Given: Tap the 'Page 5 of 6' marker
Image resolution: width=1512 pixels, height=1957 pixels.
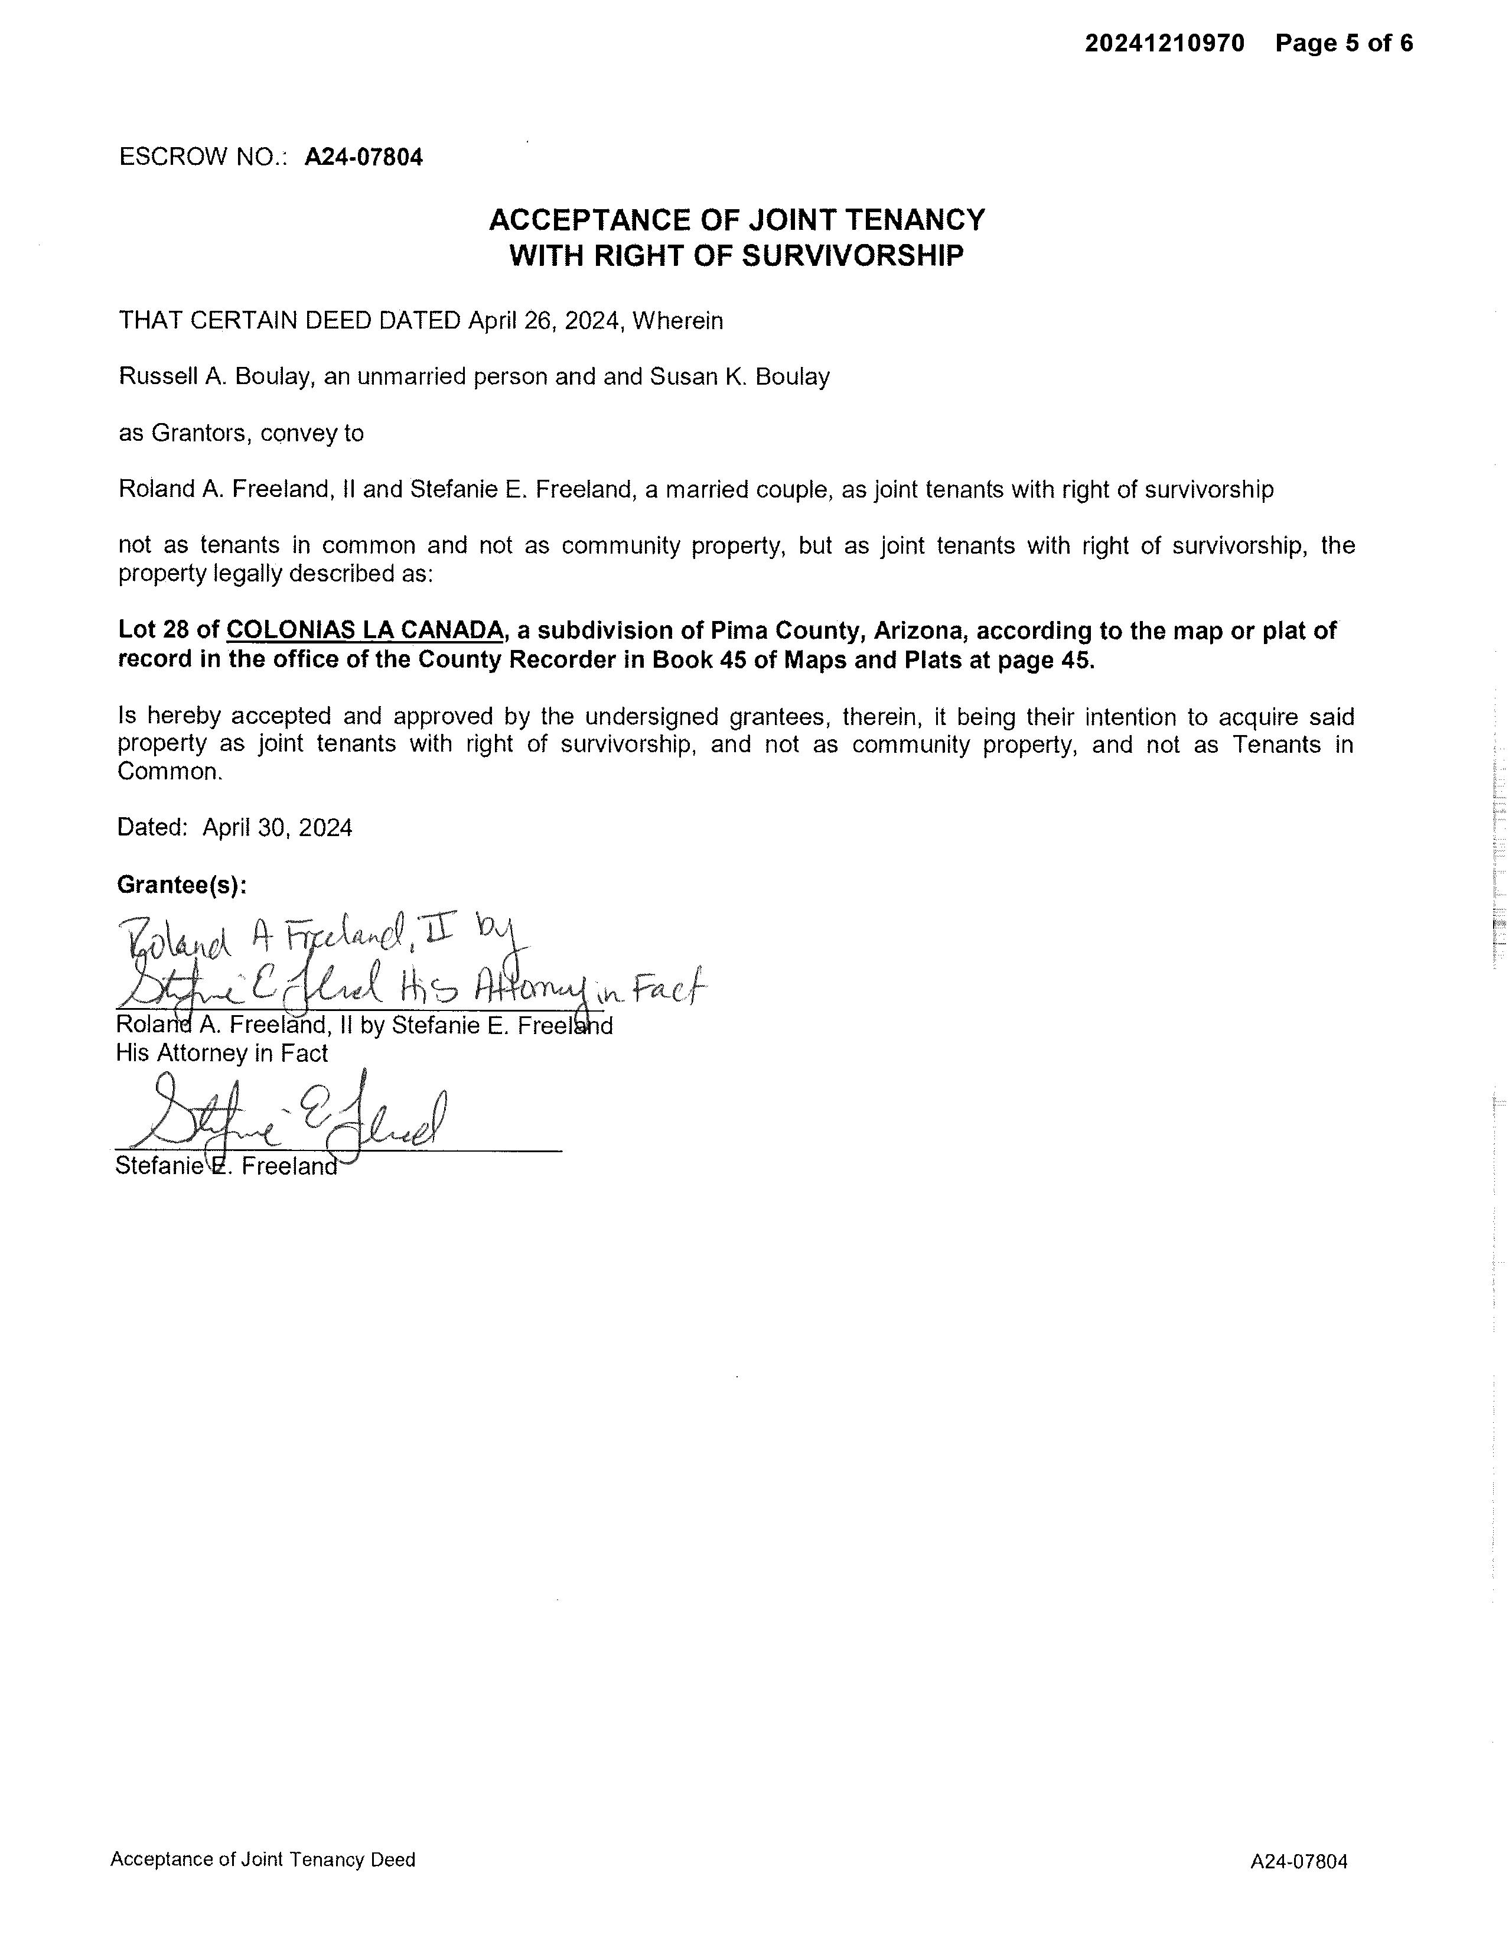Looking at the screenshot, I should click(x=1344, y=43).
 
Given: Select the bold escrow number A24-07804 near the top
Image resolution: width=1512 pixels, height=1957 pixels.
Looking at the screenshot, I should click(x=364, y=158).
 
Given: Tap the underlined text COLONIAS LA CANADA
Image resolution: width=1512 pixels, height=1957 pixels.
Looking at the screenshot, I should click(x=364, y=631).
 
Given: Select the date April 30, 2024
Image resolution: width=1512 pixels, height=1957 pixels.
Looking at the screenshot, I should click(x=277, y=827).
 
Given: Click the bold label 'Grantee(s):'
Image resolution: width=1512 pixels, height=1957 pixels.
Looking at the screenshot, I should click(x=182, y=885).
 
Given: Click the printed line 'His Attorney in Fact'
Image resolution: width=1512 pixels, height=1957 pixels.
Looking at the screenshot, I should click(x=222, y=1053).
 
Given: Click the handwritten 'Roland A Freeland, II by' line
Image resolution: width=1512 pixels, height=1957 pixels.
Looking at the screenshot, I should click(x=322, y=938).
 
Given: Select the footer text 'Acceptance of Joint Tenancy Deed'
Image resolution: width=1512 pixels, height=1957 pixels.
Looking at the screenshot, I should click(x=262, y=1860).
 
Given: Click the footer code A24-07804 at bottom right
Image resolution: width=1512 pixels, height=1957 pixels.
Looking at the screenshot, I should click(x=1298, y=1861).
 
